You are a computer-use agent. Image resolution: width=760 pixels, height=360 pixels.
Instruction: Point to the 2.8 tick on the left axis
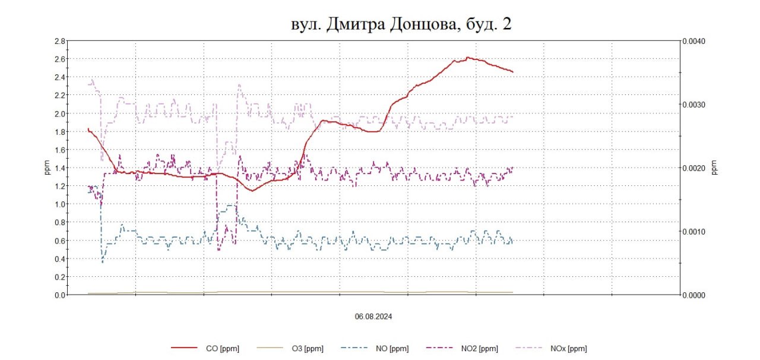59,41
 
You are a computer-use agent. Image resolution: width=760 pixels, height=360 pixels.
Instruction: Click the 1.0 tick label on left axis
59,204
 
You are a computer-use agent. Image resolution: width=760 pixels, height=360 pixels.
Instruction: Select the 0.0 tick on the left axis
59,295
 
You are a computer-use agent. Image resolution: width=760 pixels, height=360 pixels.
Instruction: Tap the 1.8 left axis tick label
59,131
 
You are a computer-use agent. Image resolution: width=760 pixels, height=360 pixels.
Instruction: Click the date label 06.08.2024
373,317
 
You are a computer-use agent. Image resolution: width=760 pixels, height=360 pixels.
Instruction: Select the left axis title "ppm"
47,168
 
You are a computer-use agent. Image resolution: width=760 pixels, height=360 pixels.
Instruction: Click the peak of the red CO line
468,58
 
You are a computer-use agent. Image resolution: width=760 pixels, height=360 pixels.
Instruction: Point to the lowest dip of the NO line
103,261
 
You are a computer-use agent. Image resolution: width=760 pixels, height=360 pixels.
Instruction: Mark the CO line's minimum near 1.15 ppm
252,191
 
